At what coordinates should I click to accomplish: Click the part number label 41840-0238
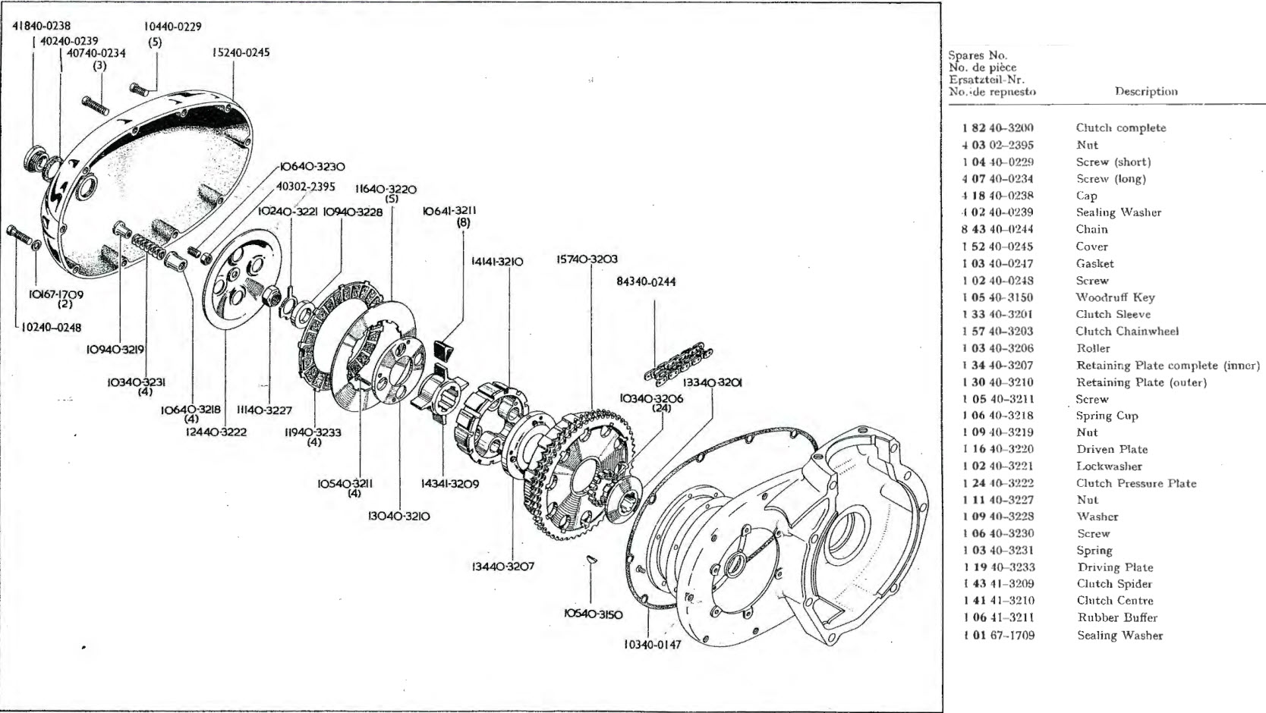[x=42, y=26]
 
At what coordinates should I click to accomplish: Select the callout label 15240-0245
[x=241, y=53]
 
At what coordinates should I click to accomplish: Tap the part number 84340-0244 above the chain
[x=646, y=282]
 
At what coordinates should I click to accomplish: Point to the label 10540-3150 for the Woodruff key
[x=593, y=614]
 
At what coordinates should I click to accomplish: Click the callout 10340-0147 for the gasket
[x=652, y=645]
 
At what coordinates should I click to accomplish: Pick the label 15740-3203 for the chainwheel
[x=587, y=259]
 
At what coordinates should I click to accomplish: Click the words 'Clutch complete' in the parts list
[x=1120, y=128]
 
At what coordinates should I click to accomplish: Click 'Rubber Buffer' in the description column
[x=1117, y=617]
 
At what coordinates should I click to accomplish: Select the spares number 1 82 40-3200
[x=998, y=128]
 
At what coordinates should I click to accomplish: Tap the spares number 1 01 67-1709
[x=998, y=636]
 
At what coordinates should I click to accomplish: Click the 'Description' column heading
[x=1146, y=92]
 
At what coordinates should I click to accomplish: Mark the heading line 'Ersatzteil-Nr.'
[x=987, y=80]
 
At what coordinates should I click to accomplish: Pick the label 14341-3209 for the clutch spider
[x=449, y=483]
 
